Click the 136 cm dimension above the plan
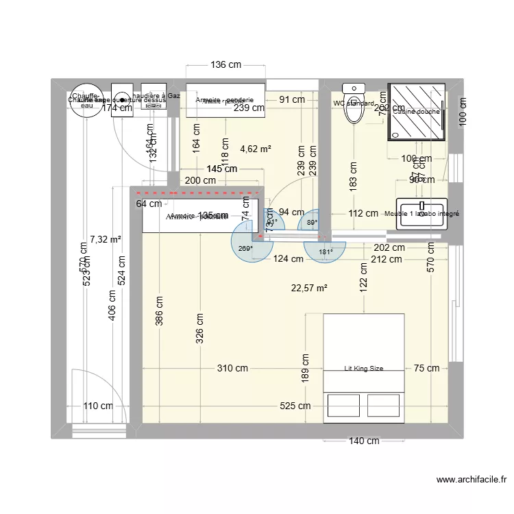point(225,65)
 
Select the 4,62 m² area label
point(256,148)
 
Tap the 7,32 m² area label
point(105,239)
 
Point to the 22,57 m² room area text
point(309,288)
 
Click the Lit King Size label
point(363,368)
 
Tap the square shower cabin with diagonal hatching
point(416,112)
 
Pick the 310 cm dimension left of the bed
point(232,368)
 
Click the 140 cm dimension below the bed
point(363,441)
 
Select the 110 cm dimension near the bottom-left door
point(97,406)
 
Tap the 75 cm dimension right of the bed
point(426,368)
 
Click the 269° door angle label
point(245,249)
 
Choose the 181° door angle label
point(326,252)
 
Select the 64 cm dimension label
point(149,203)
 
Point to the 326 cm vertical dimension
point(199,329)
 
